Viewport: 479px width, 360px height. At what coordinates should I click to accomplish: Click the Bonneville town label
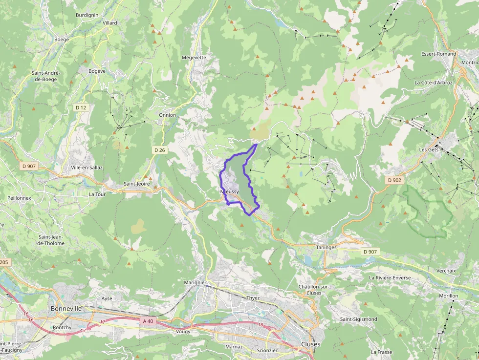65,309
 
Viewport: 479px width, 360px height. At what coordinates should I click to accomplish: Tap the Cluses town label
311,344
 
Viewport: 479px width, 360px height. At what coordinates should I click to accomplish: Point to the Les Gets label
429,149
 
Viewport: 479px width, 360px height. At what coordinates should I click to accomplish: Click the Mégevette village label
194,57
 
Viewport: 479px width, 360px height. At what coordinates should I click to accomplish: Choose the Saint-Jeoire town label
137,184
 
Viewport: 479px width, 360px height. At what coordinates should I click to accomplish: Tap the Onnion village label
167,115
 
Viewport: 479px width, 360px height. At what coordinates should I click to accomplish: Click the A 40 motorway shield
148,321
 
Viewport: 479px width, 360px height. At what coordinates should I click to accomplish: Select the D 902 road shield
394,180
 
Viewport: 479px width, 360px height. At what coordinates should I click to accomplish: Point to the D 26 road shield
159,150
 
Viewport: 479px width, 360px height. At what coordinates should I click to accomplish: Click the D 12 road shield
81,107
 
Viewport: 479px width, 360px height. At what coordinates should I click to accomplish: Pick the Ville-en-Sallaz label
87,167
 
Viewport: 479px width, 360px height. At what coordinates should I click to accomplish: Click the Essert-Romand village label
438,54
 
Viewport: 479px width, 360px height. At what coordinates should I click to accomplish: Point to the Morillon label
448,296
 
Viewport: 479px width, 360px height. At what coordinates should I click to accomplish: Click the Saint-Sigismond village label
359,319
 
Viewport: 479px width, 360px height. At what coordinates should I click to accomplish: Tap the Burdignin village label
87,15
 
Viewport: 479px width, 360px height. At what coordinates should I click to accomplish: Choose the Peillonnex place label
19,198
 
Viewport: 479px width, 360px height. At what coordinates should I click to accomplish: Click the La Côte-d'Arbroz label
434,83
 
